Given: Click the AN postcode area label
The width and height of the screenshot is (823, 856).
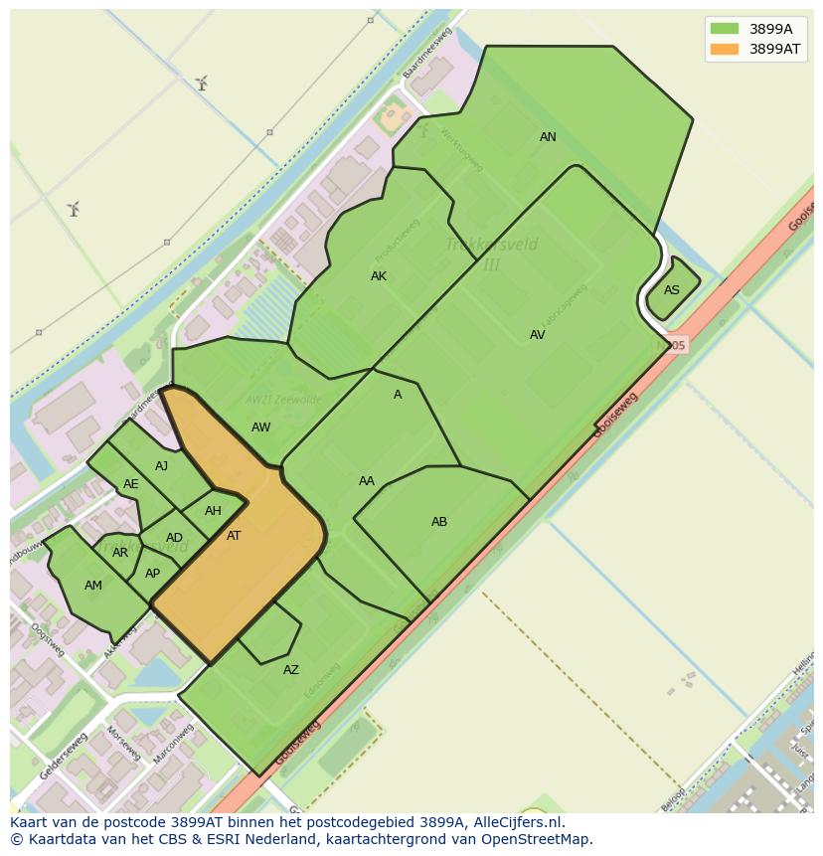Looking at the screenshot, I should pyautogui.click(x=548, y=137).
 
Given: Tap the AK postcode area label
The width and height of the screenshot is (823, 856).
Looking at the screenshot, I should pyautogui.click(x=379, y=276).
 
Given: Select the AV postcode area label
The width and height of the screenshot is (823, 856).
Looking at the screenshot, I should pyautogui.click(x=537, y=335).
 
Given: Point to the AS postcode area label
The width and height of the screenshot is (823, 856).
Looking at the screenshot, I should pyautogui.click(x=672, y=290).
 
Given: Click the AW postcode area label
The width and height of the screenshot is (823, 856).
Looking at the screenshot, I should pyautogui.click(x=260, y=428).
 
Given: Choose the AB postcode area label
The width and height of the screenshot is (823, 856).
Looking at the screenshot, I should pyautogui.click(x=439, y=522).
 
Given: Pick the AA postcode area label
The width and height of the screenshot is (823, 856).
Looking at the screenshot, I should pyautogui.click(x=367, y=481).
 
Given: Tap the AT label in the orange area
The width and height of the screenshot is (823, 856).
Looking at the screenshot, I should pyautogui.click(x=234, y=536).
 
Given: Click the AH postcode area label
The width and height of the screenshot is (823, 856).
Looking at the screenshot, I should pyautogui.click(x=213, y=511).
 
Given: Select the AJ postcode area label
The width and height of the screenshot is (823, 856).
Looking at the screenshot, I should pyautogui.click(x=161, y=466).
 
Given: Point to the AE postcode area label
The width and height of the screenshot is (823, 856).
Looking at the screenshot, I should pyautogui.click(x=131, y=484).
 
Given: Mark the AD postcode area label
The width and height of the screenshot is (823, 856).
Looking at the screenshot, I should pyautogui.click(x=174, y=538).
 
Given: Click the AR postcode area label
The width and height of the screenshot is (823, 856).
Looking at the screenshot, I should pyautogui.click(x=120, y=553).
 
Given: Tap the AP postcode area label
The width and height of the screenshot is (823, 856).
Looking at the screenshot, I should pyautogui.click(x=152, y=574).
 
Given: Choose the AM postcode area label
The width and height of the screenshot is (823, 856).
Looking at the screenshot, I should pyautogui.click(x=93, y=586).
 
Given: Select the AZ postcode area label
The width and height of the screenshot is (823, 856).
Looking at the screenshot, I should pyautogui.click(x=291, y=670).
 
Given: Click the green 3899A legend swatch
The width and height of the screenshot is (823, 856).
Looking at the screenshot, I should pyautogui.click(x=725, y=29).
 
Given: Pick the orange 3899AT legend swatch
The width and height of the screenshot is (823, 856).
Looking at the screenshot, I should pyautogui.click(x=725, y=49).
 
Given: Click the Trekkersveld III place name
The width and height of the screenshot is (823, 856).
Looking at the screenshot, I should pyautogui.click(x=491, y=254).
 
